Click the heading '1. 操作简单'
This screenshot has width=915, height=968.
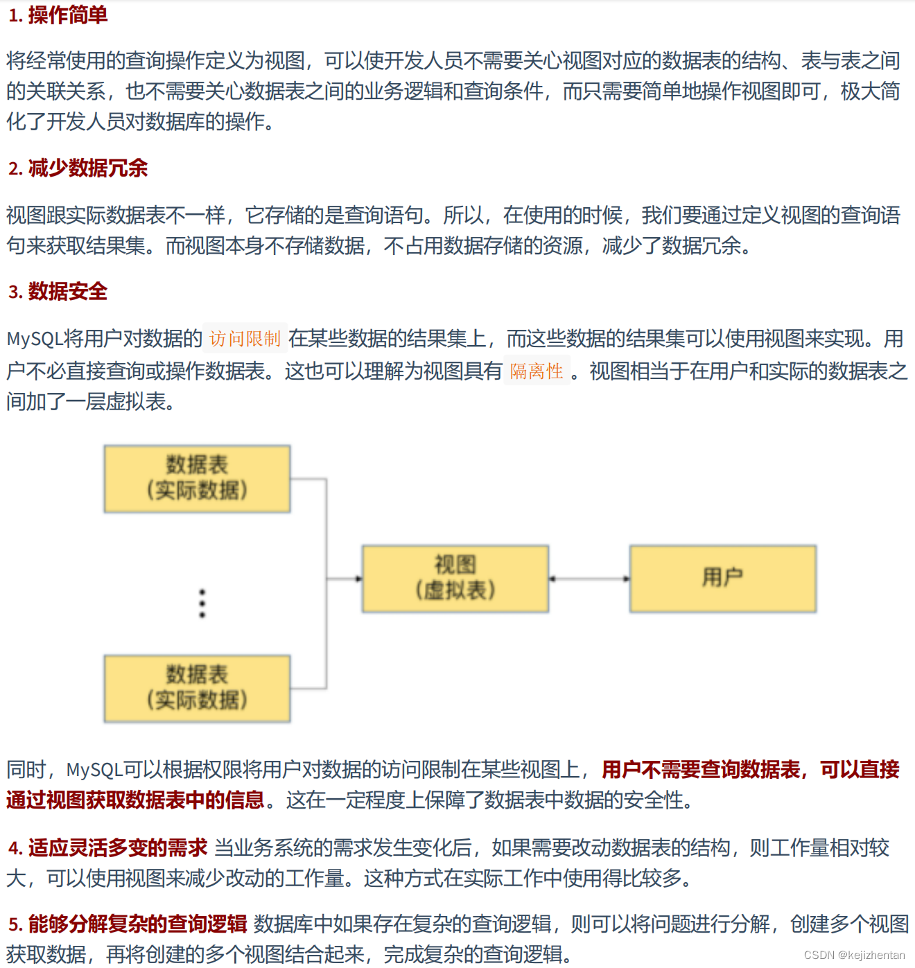pyautogui.click(x=58, y=15)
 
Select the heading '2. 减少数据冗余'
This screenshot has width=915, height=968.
pyautogui.click(x=78, y=168)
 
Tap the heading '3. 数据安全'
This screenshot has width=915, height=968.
pyautogui.click(x=58, y=292)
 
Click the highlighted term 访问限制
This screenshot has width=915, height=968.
pyautogui.click(x=245, y=339)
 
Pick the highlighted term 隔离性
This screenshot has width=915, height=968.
pyautogui.click(x=537, y=371)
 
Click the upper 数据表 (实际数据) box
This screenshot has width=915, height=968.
pyautogui.click(x=197, y=479)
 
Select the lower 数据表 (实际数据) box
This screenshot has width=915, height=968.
pyautogui.click(x=197, y=688)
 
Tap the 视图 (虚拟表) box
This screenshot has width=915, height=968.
pyautogui.click(x=455, y=579)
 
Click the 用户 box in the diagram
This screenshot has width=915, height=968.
pyautogui.click(x=722, y=579)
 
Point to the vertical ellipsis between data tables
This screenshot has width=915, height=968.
pyautogui.click(x=202, y=604)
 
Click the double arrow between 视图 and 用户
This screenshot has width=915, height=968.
pyautogui.click(x=589, y=579)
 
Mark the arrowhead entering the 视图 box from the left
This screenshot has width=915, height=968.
pyautogui.click(x=358, y=579)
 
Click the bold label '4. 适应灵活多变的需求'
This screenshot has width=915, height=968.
pyautogui.click(x=107, y=847)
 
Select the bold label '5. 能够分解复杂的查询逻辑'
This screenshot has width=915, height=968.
pyautogui.click(x=128, y=924)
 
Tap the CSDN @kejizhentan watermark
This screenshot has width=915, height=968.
pyautogui.click(x=854, y=955)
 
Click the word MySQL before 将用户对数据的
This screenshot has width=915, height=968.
pyautogui.click(x=35, y=339)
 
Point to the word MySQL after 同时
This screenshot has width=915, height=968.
pyautogui.click(x=94, y=770)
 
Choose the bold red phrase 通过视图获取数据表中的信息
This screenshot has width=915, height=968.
pyautogui.click(x=135, y=800)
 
